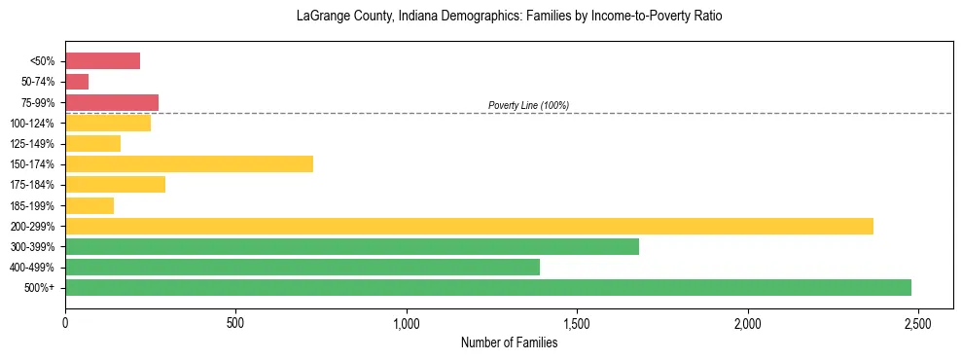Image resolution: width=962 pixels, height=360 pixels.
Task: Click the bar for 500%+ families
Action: tap(487, 287)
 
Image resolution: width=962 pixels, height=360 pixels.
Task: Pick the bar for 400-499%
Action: tap(302, 267)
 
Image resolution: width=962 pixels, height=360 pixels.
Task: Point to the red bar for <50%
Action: tap(102, 61)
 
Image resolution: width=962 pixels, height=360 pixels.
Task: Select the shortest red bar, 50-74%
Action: tap(77, 82)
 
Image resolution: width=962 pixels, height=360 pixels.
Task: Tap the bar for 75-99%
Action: tap(111, 102)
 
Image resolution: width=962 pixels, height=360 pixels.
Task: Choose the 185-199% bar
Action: tap(89, 205)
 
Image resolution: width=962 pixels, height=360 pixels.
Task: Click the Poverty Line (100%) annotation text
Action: tap(528, 105)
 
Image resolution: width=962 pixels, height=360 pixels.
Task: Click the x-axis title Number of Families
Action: tap(509, 342)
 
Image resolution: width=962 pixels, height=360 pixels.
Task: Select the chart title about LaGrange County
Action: tap(509, 17)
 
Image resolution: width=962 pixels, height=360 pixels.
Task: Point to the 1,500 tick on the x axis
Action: tap(577, 322)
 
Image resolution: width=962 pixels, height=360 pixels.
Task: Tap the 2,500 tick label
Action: tap(918, 322)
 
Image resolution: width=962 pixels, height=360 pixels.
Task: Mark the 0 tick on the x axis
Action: tap(65, 322)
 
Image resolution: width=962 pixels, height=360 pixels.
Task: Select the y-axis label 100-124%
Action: tap(32, 124)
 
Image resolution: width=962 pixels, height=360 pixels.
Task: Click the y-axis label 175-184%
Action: tap(32, 185)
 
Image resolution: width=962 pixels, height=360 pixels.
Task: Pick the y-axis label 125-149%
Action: tap(32, 144)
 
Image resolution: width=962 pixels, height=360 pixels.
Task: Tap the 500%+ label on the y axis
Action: tap(41, 288)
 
